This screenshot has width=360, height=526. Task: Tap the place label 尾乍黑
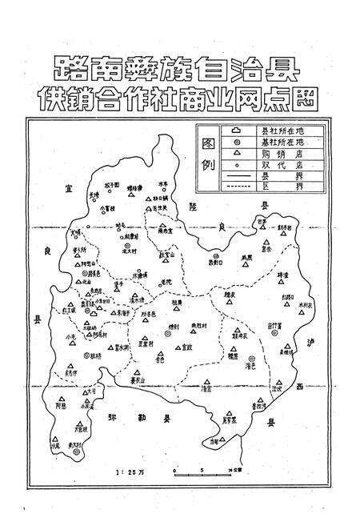click(x=233, y=419)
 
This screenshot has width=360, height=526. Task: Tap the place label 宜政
click(x=187, y=346)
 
